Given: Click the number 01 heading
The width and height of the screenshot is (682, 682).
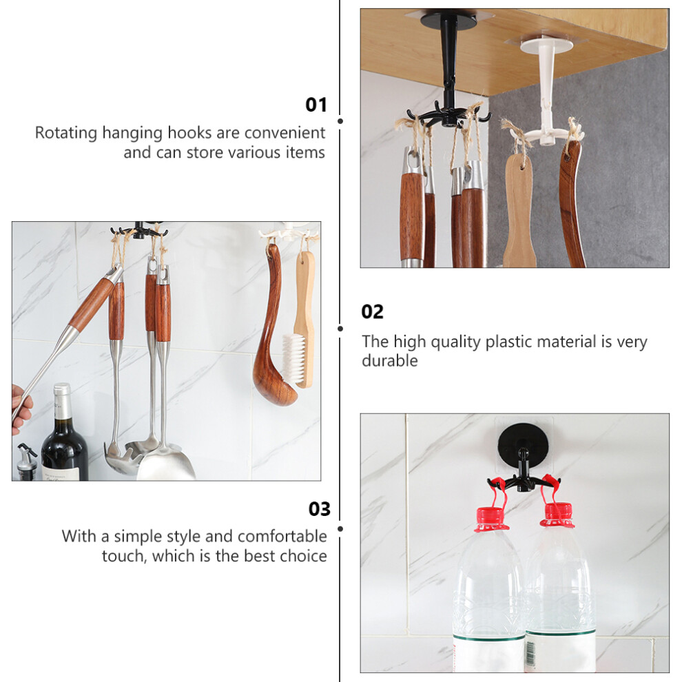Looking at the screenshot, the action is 316,105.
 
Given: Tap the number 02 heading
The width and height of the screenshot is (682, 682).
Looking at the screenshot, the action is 372,312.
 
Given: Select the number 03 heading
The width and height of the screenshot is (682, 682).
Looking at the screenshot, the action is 319,509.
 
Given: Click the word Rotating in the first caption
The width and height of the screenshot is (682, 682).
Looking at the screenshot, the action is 66,133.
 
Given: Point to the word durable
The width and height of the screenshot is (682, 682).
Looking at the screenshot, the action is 390,360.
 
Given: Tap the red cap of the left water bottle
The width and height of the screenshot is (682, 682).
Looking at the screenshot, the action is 491,519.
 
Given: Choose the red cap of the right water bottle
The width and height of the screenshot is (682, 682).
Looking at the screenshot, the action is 557,515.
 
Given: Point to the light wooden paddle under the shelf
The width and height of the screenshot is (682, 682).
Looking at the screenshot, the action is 519,209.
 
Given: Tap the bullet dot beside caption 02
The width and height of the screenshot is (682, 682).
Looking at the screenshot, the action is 340,329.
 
